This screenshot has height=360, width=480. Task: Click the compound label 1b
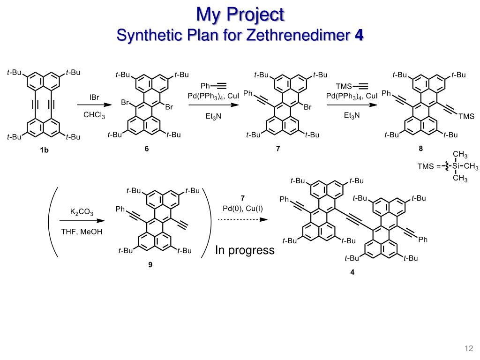coord(44,150)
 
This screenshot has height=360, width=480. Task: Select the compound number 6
coord(147,149)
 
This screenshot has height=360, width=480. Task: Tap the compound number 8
coord(421,149)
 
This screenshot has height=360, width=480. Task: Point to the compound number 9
coord(150,265)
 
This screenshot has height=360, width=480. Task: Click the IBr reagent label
coord(95,97)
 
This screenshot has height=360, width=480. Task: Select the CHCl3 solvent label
coord(95,115)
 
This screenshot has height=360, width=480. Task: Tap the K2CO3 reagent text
coord(82,212)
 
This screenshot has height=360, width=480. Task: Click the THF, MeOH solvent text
coord(82,231)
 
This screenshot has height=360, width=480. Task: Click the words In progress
coord(245,250)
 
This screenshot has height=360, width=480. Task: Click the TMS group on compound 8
coord(466,116)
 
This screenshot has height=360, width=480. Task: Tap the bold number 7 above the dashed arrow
coord(243,198)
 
